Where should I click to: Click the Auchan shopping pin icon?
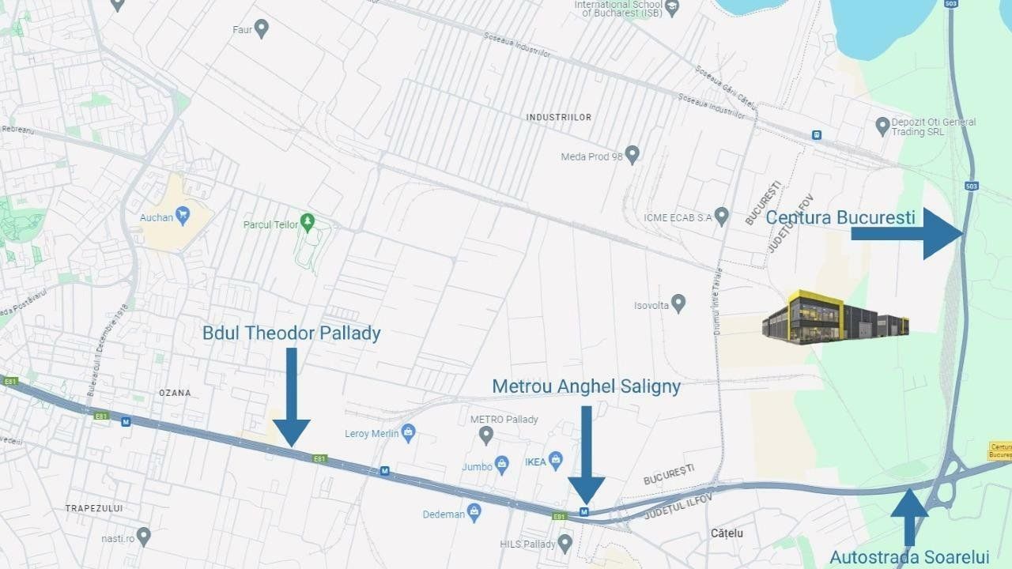point(183,213)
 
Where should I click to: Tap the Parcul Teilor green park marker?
point(308,220)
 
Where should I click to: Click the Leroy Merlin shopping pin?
point(408,431)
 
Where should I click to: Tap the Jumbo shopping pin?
point(501,463)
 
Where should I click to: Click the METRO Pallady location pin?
point(487,433)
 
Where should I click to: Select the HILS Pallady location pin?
point(565,542)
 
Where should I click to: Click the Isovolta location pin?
point(678,303)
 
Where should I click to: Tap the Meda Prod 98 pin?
point(632,153)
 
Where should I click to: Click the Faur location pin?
point(262,29)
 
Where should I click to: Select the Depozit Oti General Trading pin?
point(883,125)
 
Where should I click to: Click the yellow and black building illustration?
point(835,317)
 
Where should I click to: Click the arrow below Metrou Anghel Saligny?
point(586,454)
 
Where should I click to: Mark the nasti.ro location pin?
point(143,536)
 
